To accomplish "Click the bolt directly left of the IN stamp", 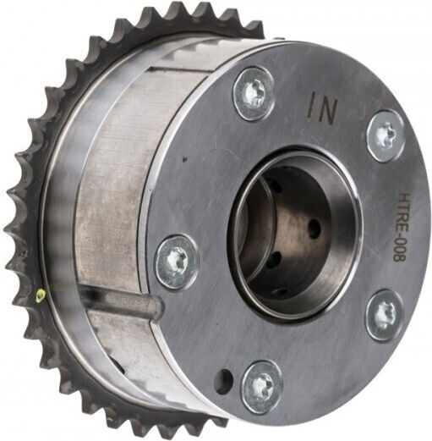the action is (254, 94).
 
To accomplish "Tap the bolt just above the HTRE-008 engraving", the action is (386, 136).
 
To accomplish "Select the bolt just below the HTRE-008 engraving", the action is (385, 316).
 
